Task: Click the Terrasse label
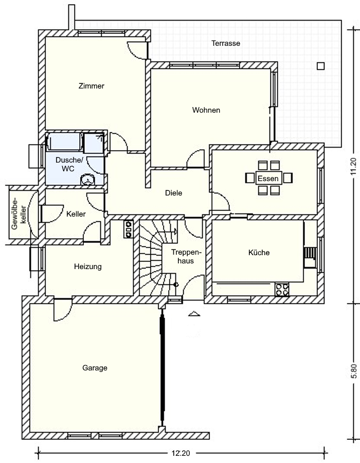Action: point(226,43)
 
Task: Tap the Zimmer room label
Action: point(92,86)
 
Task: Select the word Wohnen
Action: point(206,110)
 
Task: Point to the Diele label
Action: point(173,193)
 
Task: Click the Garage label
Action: point(95,368)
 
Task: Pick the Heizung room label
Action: point(88,266)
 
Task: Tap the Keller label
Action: point(76,214)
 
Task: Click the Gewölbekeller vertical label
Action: point(19,215)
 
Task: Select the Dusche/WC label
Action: point(69,165)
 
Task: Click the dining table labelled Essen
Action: point(268,179)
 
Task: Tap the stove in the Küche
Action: point(282,289)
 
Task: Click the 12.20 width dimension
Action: point(181,453)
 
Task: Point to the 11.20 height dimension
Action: point(353,167)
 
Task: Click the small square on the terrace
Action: point(321,66)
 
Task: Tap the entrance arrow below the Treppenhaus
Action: point(194,314)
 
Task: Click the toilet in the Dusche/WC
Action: point(88,180)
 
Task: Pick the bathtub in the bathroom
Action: point(64,142)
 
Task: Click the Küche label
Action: point(259,253)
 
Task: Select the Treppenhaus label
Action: point(186,257)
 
